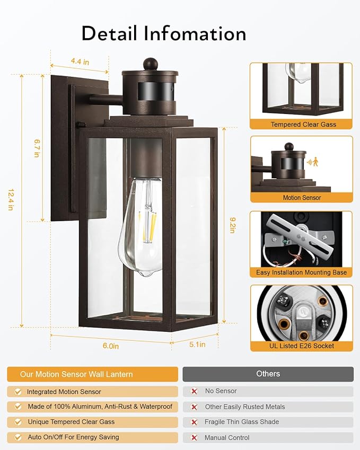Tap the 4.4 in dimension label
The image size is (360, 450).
click(x=80, y=62)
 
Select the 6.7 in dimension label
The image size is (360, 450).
click(x=37, y=148)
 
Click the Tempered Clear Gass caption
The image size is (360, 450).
click(x=303, y=125)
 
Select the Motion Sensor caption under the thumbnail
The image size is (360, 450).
click(x=302, y=198)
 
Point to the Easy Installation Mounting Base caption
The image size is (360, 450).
click(x=301, y=272)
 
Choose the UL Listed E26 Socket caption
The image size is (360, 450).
click(x=301, y=346)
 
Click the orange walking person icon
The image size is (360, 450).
click(x=317, y=161)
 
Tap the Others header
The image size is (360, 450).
click(x=268, y=374)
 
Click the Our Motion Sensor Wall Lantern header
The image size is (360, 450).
click(x=76, y=374)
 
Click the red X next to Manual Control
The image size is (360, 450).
click(x=194, y=438)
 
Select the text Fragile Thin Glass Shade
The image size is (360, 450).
click(x=241, y=422)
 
